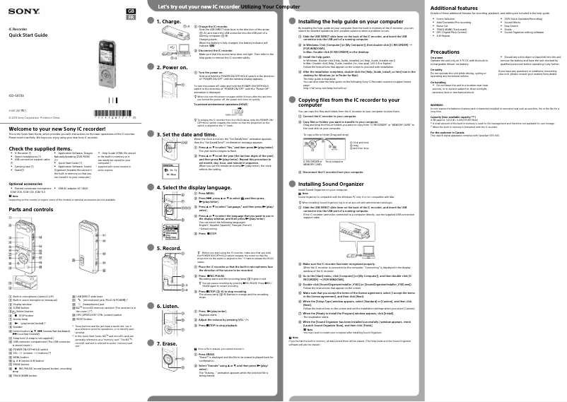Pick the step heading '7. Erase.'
click(169, 342)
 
